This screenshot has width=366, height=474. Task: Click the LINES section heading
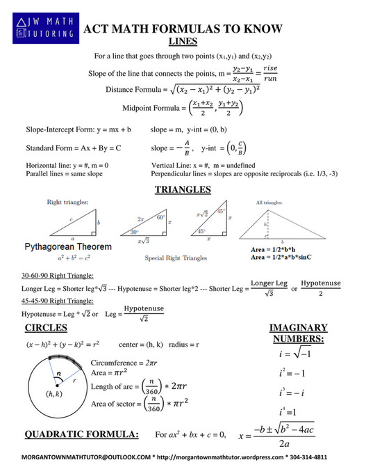tap(183, 41)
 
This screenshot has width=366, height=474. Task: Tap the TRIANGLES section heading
tap(183, 189)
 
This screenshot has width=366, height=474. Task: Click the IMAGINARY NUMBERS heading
tap(298, 333)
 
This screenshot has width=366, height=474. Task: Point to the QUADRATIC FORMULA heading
tap(81, 434)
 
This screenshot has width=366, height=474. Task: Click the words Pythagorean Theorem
tap(67, 247)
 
